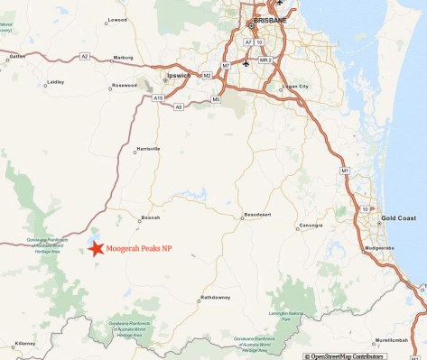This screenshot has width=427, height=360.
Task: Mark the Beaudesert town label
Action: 257,214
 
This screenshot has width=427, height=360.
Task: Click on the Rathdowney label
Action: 217,297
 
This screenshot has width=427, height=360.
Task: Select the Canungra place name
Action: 311,225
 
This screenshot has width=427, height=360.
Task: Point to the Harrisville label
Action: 147,148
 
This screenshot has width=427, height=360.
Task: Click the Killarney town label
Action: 24,344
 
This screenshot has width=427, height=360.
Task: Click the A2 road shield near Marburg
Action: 85,56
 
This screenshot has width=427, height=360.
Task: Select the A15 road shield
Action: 158,97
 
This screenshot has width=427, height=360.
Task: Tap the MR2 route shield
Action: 265,60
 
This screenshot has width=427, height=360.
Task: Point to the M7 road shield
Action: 226,66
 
